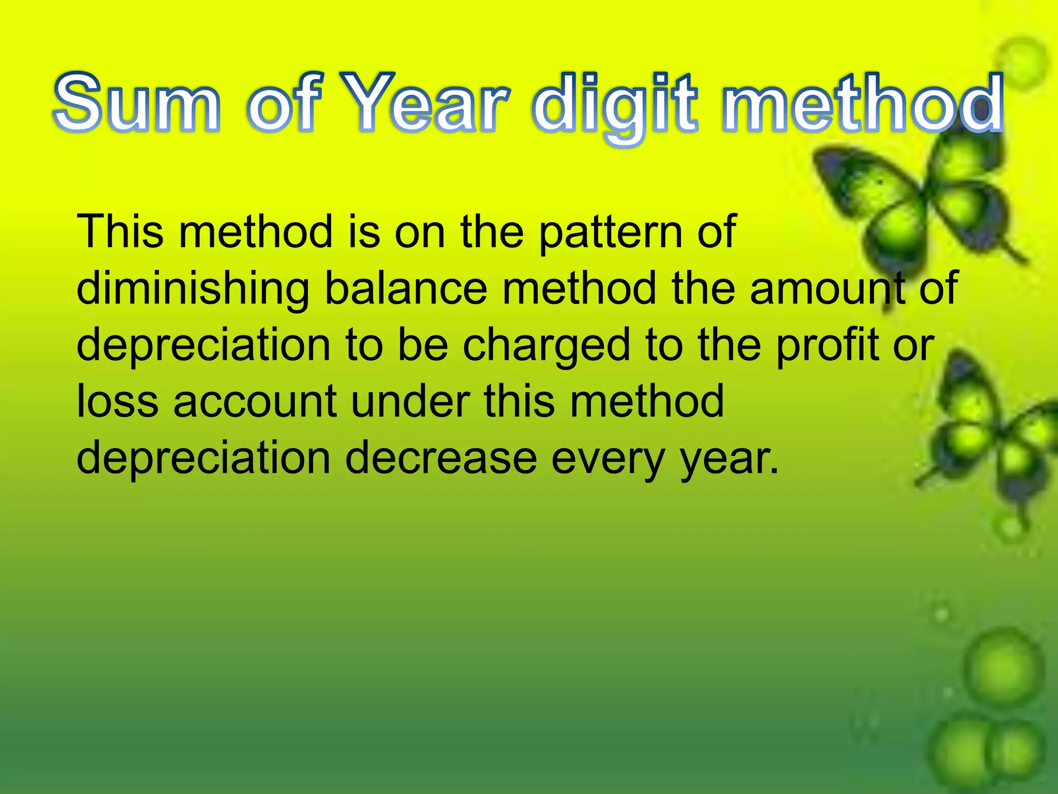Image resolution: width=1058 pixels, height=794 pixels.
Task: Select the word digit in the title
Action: coord(615,106)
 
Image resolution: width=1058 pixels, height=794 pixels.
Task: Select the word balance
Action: coord(406,288)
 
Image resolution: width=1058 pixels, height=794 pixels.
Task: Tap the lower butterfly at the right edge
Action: coord(992,434)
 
